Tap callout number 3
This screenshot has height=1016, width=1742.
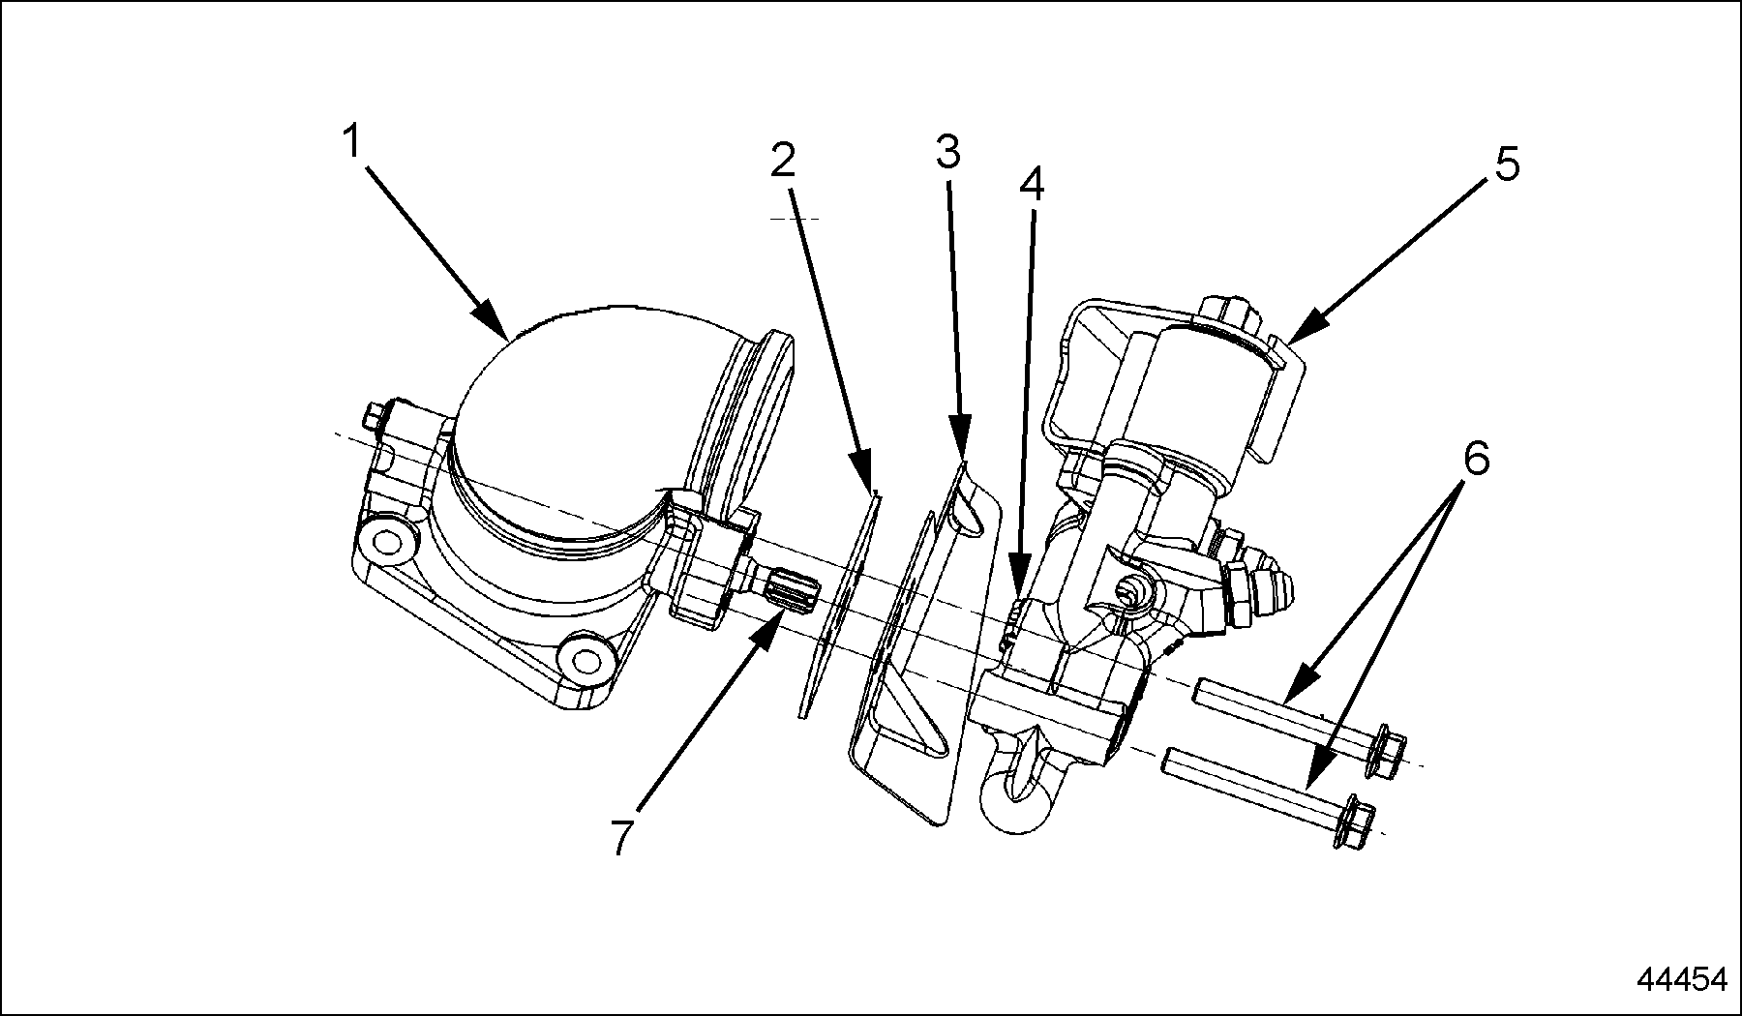click(947, 151)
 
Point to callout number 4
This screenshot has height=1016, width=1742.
click(1033, 184)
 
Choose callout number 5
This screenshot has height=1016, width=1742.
click(1507, 164)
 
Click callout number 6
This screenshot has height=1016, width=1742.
click(1476, 458)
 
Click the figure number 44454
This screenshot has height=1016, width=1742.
click(1681, 979)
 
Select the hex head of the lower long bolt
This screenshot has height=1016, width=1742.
click(1354, 823)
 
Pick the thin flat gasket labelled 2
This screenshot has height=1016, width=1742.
click(837, 605)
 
